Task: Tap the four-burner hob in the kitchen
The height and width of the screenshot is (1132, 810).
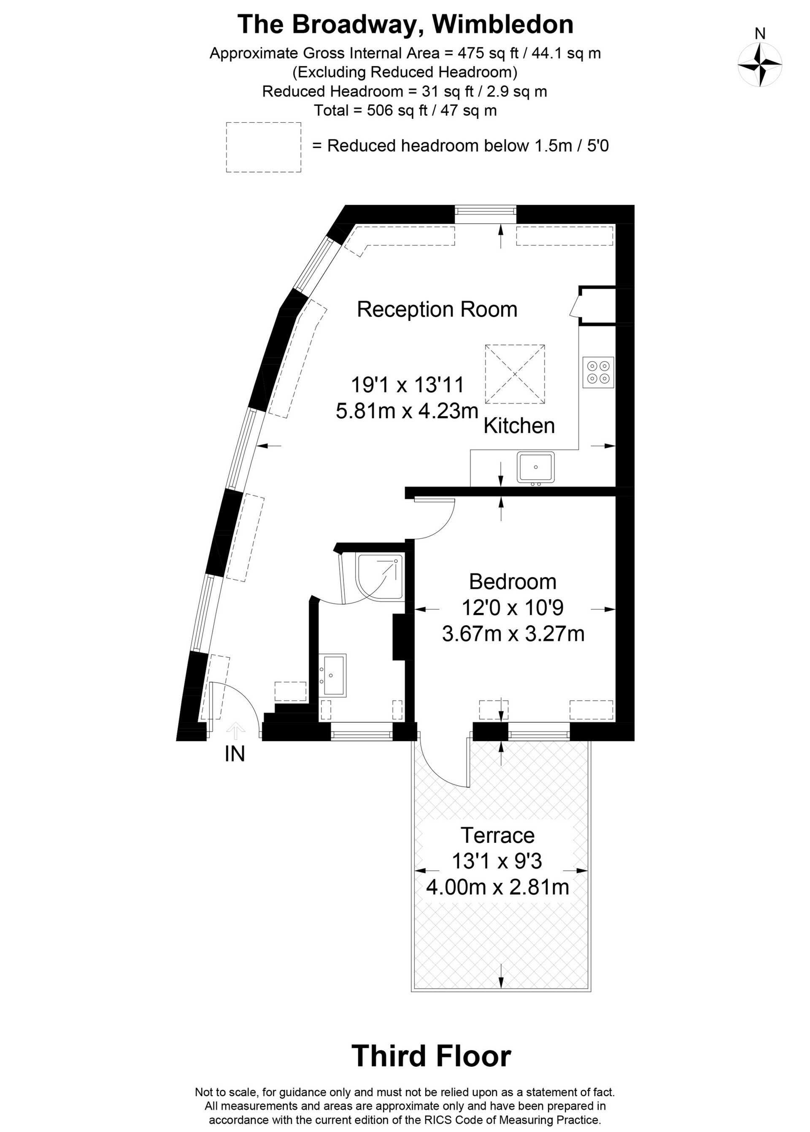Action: pos(599,372)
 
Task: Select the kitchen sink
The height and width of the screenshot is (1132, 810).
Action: pos(536,467)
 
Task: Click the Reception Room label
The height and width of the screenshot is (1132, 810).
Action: pos(437,309)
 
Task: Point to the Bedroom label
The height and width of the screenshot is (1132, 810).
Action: pos(513,582)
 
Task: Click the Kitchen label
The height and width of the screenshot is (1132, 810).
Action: pos(519,426)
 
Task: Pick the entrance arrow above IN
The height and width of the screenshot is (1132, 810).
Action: pos(235,731)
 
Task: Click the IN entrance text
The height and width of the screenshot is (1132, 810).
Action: pos(235,754)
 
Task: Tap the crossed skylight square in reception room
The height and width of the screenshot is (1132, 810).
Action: pos(515,374)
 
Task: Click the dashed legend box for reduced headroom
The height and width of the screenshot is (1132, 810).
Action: pos(263,148)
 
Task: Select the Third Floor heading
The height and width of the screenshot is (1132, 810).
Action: pos(432,1056)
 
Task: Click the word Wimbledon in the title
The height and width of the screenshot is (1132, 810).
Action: pos(503,24)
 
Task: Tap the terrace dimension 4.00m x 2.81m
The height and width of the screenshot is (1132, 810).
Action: pos(497,887)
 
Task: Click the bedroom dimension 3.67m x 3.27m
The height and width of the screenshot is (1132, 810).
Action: pos(513,634)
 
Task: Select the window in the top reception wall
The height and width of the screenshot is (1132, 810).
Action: pos(485,213)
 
